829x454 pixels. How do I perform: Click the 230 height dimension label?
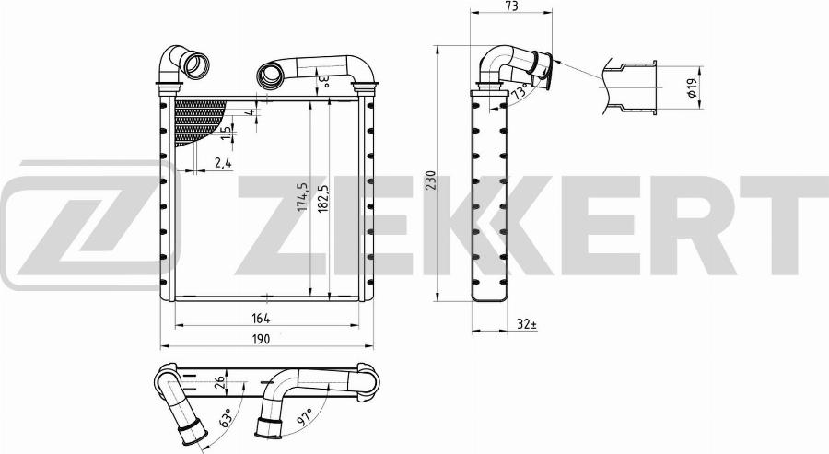point(430,179)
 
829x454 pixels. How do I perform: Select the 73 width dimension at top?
point(511,7)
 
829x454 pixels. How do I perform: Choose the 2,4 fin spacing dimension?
point(222,163)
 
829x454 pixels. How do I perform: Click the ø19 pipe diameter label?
point(691,88)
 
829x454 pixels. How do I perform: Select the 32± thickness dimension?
point(526,323)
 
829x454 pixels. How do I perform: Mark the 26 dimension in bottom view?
point(218,386)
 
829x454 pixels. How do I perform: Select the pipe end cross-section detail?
point(632,88)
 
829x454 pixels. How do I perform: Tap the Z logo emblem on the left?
point(78,220)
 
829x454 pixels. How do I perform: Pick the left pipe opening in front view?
point(196,66)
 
